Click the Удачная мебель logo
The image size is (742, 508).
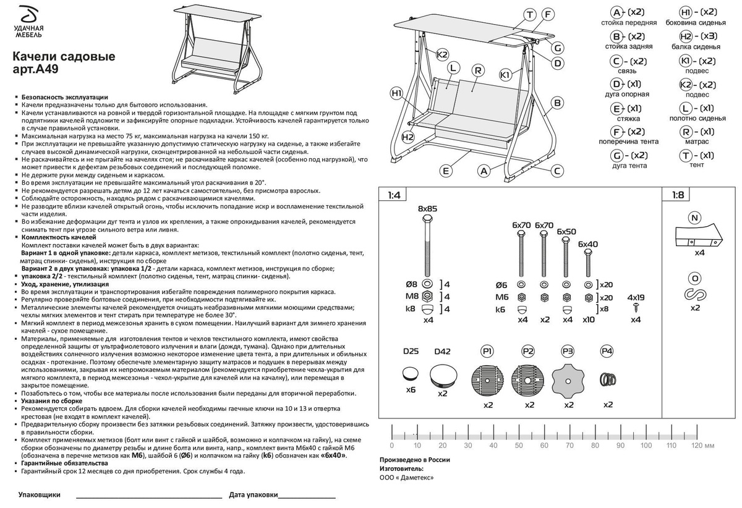(28, 21)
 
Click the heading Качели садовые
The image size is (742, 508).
(64, 56)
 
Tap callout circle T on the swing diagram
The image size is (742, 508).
(530, 15)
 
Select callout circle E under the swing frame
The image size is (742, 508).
(446, 171)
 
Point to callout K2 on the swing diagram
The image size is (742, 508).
(442, 54)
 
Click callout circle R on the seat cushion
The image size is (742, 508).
(478, 70)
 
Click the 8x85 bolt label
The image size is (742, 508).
(427, 209)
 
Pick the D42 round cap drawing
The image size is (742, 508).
(443, 376)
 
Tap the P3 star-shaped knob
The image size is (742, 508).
(568, 381)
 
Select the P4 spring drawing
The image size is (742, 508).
(608, 379)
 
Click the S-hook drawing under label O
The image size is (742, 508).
(695, 294)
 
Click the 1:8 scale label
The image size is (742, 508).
(678, 195)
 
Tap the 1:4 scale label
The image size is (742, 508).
(394, 195)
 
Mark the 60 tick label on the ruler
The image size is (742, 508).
(544, 446)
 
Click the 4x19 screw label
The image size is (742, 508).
(636, 297)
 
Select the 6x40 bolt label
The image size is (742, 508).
(588, 244)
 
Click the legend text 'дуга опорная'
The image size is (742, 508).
(627, 95)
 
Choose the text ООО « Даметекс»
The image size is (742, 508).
(406, 478)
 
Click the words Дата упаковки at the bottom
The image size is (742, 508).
(254, 495)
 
